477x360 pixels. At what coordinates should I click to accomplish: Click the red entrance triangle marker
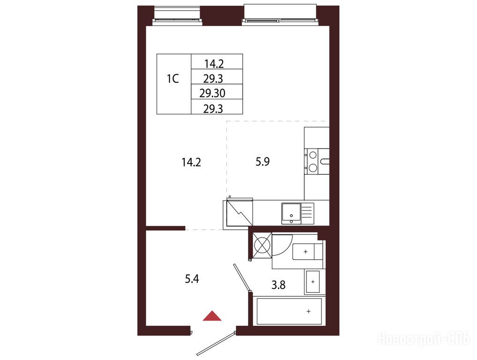[212, 316]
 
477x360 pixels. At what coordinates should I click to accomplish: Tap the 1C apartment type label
[172, 79]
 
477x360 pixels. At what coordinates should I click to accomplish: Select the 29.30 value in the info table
[212, 93]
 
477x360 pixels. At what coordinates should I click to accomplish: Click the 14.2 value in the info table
[214, 64]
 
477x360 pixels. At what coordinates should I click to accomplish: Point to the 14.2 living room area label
[191, 162]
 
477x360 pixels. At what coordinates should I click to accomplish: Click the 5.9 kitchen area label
[262, 162]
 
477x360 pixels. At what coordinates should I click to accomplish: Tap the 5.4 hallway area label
[192, 278]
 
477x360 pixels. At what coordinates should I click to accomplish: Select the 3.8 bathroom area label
[278, 285]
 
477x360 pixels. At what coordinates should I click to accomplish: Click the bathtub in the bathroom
[289, 311]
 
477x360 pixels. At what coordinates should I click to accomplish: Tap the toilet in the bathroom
[307, 252]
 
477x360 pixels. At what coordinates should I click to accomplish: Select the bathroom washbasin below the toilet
[313, 282]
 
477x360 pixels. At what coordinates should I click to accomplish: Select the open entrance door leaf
[216, 344]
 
